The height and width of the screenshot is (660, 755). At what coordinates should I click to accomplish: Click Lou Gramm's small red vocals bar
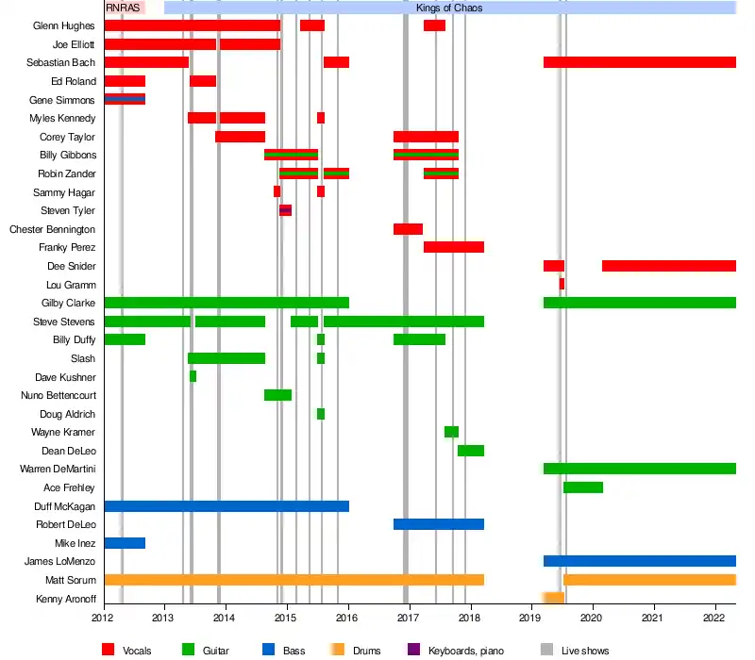562,284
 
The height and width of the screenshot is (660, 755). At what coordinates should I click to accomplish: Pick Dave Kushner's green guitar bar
193,376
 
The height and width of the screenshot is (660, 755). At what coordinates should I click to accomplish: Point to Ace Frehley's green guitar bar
582,487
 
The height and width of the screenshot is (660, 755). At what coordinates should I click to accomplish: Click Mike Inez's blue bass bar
125,543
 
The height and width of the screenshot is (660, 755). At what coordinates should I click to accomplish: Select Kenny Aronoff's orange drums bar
553,598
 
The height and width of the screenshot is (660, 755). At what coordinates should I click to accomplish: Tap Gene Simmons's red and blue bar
125,99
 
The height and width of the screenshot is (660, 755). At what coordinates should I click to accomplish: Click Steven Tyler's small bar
285,210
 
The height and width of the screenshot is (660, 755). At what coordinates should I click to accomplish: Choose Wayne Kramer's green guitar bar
451,432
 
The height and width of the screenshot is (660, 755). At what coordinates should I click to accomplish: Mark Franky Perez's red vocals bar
453,247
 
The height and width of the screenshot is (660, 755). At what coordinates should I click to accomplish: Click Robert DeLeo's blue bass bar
438,524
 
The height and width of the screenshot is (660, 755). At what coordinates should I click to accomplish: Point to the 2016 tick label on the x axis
348,618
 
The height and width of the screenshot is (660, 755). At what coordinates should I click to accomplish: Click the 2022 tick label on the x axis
713,618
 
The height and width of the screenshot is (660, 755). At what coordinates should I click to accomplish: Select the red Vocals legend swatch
108,650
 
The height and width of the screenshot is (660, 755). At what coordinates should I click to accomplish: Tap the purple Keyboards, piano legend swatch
412,650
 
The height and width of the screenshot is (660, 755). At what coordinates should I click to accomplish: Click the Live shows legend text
585,651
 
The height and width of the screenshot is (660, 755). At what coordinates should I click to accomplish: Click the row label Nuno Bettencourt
59,395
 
